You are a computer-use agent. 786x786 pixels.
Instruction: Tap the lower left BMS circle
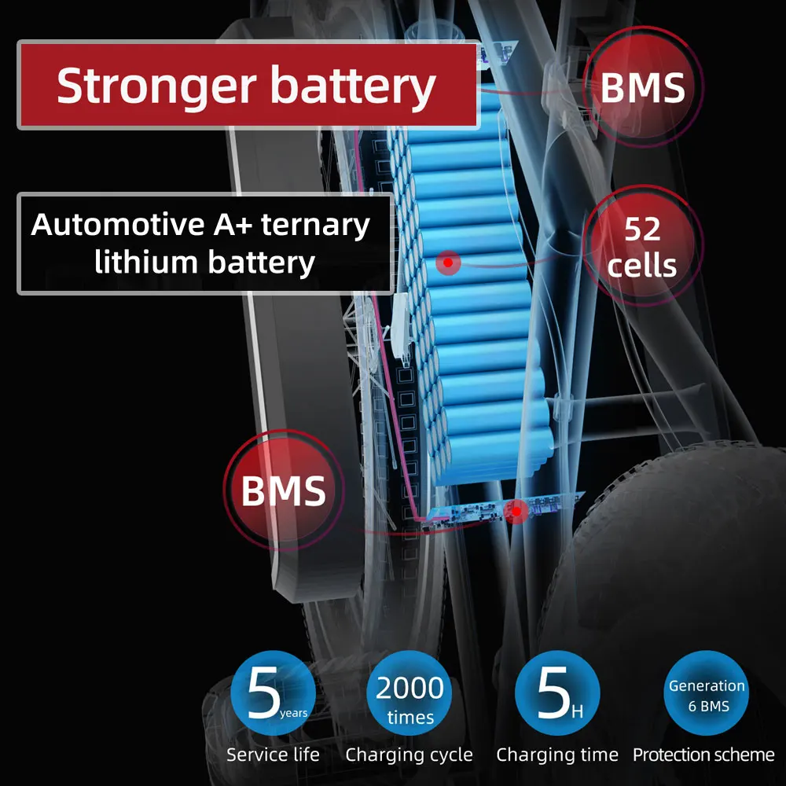tap(283, 490)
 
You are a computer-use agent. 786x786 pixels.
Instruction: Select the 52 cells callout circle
tap(642, 247)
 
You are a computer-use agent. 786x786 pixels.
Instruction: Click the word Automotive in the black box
tap(117, 225)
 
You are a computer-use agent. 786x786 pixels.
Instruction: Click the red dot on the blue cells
tap(447, 263)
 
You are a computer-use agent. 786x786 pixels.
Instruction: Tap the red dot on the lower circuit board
tap(516, 512)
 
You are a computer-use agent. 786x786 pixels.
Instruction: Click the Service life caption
tap(273, 755)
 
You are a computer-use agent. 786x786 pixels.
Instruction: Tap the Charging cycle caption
tap(409, 755)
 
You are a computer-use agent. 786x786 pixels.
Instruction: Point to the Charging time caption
tap(556, 755)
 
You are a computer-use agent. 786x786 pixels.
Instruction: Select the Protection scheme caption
tap(703, 755)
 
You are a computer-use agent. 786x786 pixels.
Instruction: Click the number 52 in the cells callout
tap(642, 230)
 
